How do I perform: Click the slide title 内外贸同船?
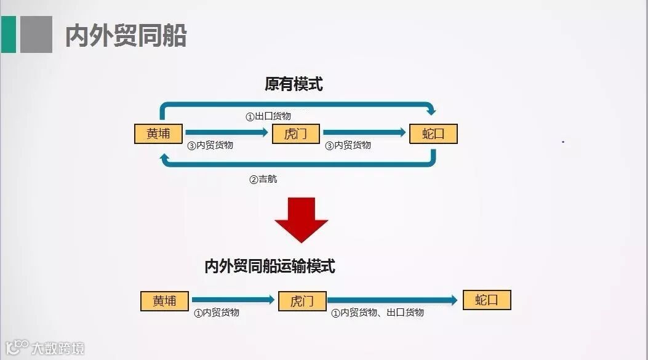pyautogui.click(x=126, y=36)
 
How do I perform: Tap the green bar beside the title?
pyautogui.click(x=8, y=34)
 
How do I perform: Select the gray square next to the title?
pyautogui.click(x=36, y=34)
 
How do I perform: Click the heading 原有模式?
pyautogui.click(x=294, y=84)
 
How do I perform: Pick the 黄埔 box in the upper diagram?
pyautogui.click(x=159, y=134)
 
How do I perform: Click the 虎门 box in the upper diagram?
pyautogui.click(x=296, y=134)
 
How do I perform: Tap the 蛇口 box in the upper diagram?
pyautogui.click(x=433, y=134)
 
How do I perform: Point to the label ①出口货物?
pyautogui.click(x=268, y=116)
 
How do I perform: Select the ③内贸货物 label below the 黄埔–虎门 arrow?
pyautogui.click(x=210, y=146)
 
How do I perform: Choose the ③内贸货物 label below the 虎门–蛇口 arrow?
pyautogui.click(x=348, y=146)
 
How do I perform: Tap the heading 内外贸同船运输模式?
pyautogui.click(x=270, y=266)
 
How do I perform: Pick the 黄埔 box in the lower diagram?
pyautogui.click(x=164, y=301)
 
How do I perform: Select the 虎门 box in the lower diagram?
pyautogui.click(x=302, y=301)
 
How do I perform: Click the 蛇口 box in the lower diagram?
pyautogui.click(x=487, y=300)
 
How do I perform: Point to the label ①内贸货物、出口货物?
pyautogui.click(x=377, y=313)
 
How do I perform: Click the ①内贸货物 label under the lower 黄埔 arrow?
pyautogui.click(x=217, y=313)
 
